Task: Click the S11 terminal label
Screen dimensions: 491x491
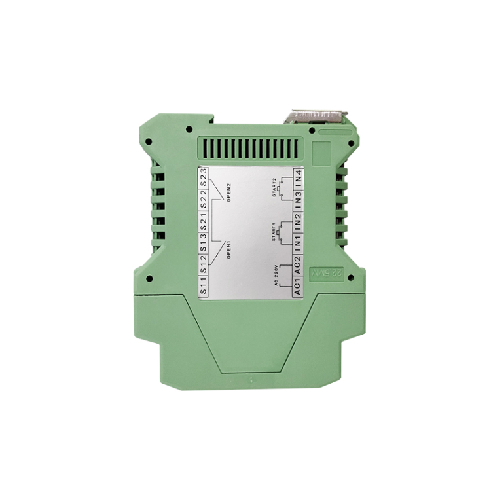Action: pyautogui.click(x=204, y=287)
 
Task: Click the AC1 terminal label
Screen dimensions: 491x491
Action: pyautogui.click(x=298, y=287)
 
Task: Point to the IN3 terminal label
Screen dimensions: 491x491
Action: pyautogui.click(x=298, y=200)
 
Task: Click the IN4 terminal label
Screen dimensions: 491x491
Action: pyautogui.click(x=298, y=177)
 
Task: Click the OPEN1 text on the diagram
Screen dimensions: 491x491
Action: pyautogui.click(x=229, y=249)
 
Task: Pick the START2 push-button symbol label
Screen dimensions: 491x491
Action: pyautogui.click(x=274, y=188)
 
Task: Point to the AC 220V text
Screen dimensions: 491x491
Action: pyautogui.click(x=274, y=276)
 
